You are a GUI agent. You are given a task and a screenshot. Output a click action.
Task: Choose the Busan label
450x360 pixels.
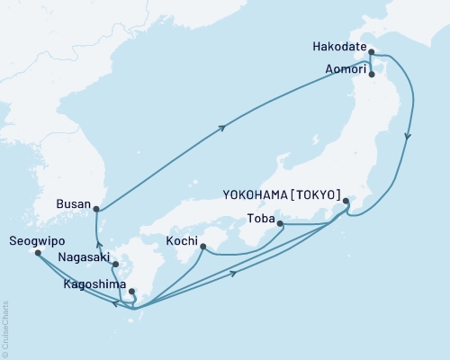pos(73,204)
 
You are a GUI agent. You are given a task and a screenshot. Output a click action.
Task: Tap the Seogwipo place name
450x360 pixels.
pos(33,241)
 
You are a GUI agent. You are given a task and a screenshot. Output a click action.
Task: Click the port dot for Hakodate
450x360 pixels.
pos(372,52)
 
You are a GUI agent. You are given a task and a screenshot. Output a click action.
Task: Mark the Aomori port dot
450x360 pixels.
pos(372,75)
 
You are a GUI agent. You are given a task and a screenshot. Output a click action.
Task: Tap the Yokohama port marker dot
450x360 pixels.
pos(346,202)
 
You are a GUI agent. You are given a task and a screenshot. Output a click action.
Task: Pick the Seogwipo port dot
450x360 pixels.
pos(37,253)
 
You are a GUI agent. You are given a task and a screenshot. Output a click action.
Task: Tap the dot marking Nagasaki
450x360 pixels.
pos(114,265)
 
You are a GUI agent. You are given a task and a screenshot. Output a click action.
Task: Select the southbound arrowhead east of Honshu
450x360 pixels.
pos(409,138)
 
